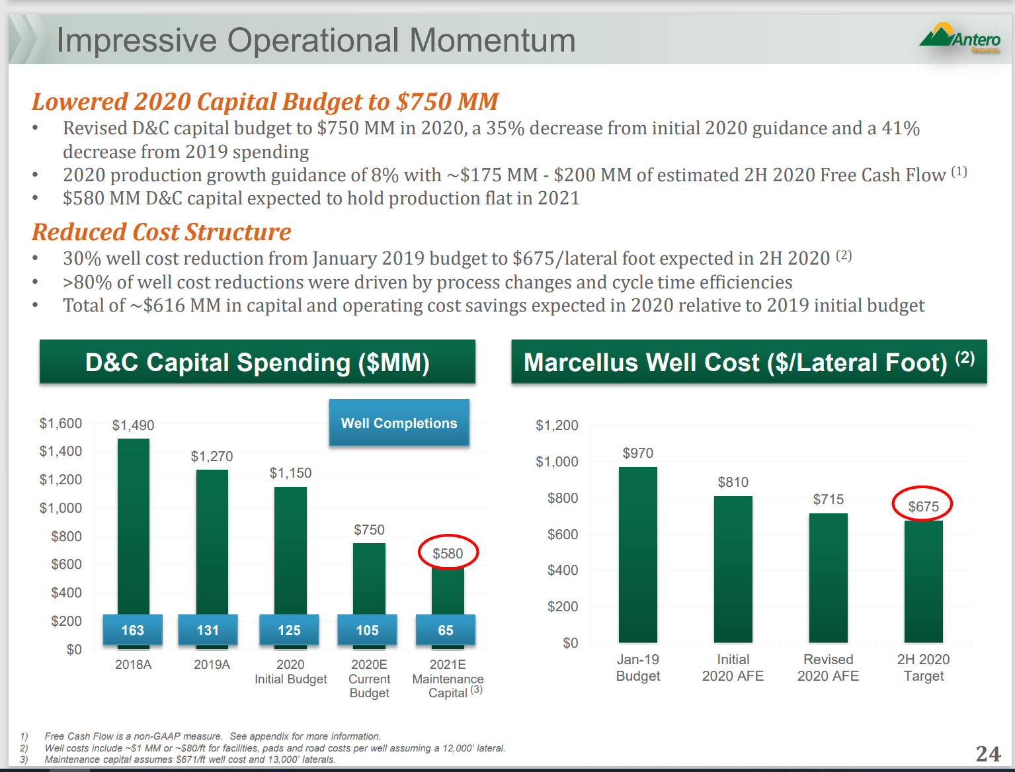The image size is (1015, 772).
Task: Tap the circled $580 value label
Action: click(448, 553)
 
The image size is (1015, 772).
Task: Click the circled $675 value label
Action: click(922, 506)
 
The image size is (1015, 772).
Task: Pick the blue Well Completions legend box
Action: click(399, 423)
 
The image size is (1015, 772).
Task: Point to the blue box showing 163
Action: click(132, 630)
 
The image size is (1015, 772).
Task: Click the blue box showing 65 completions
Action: click(446, 630)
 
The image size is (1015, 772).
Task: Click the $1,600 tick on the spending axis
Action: click(61, 423)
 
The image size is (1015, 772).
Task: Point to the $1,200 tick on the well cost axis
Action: click(557, 425)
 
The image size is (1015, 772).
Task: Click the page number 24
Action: click(988, 753)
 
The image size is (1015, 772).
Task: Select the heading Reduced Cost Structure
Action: click(161, 232)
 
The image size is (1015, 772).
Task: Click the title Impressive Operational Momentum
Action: click(315, 40)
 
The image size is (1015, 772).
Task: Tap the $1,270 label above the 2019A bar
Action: click(212, 456)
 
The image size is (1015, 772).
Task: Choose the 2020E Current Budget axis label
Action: click(369, 679)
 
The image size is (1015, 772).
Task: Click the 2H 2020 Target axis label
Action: click(923, 667)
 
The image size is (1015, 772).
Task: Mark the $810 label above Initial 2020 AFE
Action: click(733, 482)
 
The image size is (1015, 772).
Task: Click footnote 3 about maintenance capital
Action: click(190, 759)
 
